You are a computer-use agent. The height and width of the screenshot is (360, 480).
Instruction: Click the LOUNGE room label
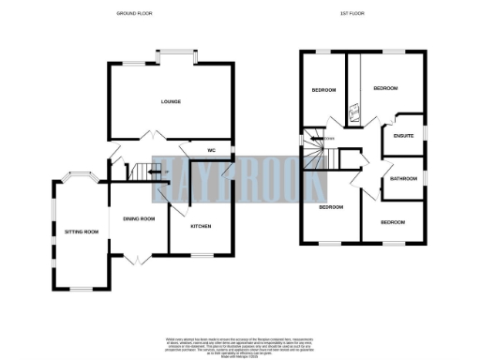pos(170,101)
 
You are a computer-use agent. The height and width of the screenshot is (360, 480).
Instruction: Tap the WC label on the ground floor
pos(210,149)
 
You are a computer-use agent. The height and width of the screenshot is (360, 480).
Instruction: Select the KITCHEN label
pos(201,226)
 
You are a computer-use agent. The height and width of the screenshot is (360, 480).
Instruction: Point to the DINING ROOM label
pos(139,218)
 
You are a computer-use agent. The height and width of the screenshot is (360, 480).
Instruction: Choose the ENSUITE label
pos(402,136)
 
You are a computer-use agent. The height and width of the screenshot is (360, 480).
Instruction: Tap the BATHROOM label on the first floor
pos(404,178)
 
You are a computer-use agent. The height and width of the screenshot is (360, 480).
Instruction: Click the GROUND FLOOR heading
pos(134,14)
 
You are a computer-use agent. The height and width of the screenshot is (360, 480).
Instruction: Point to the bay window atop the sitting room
pos(82,175)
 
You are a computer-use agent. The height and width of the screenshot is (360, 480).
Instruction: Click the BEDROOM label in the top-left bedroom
pos(323,90)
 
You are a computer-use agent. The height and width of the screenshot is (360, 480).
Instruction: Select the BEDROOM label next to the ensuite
pos(385,88)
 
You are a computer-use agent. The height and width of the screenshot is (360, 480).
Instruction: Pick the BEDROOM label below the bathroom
pos(393,222)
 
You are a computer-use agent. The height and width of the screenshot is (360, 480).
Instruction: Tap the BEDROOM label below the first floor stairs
pos(331,206)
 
